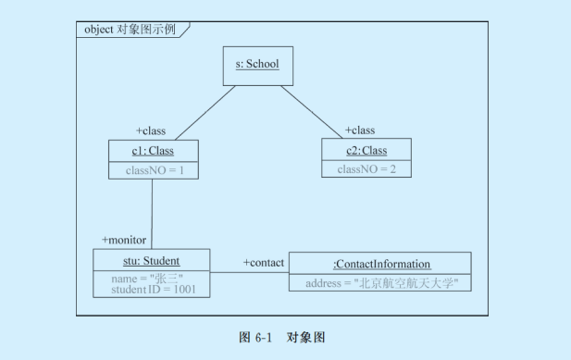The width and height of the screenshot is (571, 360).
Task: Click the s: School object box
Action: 257,65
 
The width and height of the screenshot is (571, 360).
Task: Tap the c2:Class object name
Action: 366,151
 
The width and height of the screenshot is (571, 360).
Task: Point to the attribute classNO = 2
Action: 366,169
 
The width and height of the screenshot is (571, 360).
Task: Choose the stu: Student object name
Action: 151,261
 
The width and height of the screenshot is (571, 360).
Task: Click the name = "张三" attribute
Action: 147,278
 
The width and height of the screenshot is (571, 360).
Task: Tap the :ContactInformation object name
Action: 380,264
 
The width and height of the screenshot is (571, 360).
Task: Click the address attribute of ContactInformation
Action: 380,282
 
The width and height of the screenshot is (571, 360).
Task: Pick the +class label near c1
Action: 151,130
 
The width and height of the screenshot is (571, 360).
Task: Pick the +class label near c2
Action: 360,130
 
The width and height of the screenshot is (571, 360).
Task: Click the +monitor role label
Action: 124,240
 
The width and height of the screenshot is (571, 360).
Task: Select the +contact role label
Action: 264,263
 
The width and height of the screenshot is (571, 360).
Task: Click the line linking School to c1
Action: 204,112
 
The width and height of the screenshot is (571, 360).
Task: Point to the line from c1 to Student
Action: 152,213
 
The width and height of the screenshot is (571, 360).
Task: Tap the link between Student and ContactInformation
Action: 248,273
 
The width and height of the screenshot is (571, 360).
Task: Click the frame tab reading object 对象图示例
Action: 130,29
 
